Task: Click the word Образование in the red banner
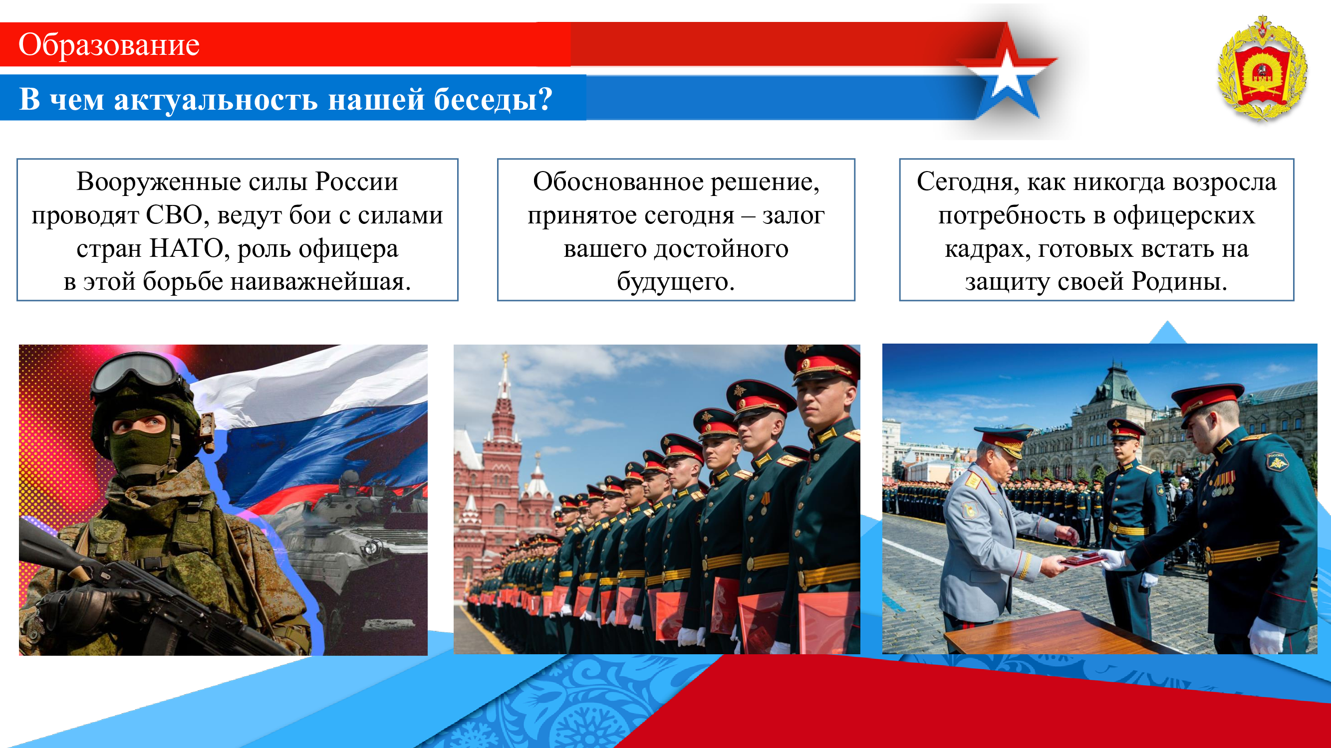pos(108,45)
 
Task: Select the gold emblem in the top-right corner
pos(1262,69)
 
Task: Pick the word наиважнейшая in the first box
pos(320,282)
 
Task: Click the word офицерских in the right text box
pos(1184,216)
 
